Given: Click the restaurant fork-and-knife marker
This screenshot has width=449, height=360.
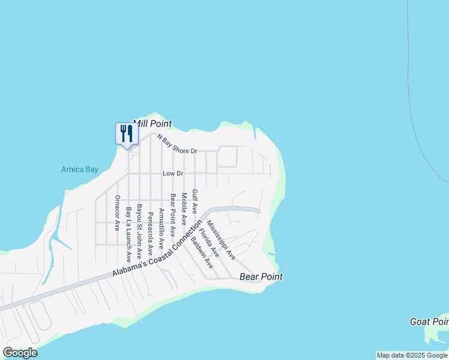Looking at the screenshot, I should pyautogui.click(x=126, y=133).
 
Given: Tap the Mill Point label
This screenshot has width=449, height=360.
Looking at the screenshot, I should pyautogui.click(x=152, y=124).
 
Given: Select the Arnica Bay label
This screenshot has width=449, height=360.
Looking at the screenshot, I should pyautogui.click(x=79, y=169).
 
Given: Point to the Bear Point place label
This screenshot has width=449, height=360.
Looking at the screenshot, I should pyautogui.click(x=261, y=277).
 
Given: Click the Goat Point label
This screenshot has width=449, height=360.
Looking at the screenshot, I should pyautogui.click(x=429, y=322).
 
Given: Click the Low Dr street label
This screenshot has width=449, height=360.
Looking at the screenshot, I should pyautogui.click(x=172, y=173).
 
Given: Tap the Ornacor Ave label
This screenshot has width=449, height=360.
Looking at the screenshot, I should pyautogui.click(x=118, y=212).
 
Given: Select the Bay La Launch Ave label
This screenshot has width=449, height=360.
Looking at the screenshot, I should pyautogui.click(x=128, y=235).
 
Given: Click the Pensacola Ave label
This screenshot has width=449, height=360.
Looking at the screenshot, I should pyautogui.click(x=150, y=230).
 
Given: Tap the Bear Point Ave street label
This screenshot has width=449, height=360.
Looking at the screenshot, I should pyautogui.click(x=172, y=215).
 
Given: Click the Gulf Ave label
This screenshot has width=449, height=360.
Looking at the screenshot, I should pyautogui.click(x=194, y=202).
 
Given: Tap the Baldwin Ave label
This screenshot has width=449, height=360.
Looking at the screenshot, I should pyautogui.click(x=202, y=253).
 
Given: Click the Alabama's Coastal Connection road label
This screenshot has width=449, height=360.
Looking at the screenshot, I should pyautogui.click(x=157, y=251).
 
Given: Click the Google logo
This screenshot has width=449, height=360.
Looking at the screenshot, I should pyautogui.click(x=20, y=353).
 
